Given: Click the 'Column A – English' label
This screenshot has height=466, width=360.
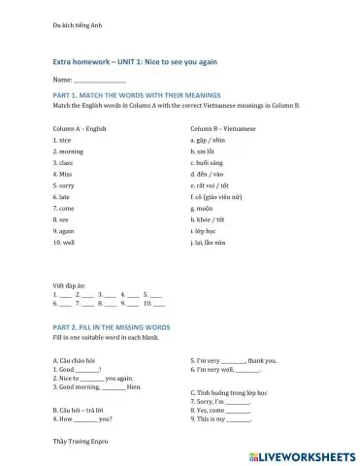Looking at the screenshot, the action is click(80, 129).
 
